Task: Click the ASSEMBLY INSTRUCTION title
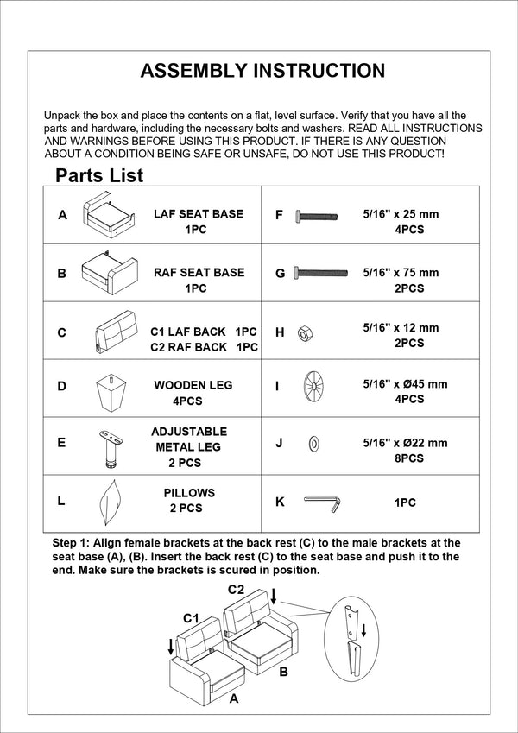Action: click(262, 71)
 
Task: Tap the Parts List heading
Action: click(99, 176)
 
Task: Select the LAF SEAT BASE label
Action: click(198, 214)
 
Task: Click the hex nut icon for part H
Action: click(304, 332)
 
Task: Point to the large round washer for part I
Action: click(313, 385)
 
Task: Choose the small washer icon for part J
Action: click(313, 444)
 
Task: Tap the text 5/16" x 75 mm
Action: click(401, 273)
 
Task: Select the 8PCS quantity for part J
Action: click(408, 458)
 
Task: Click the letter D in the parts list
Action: click(61, 387)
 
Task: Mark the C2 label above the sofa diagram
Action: click(237, 590)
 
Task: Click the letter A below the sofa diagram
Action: click(233, 700)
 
